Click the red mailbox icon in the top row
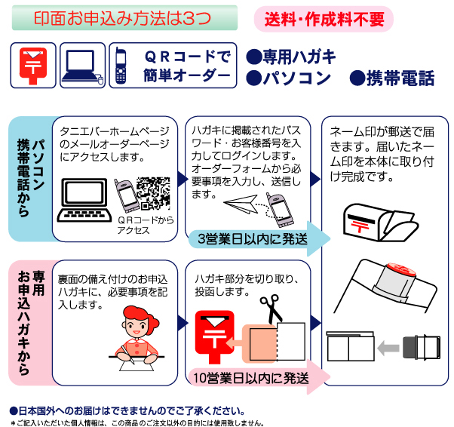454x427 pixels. pyautogui.click(x=33, y=66)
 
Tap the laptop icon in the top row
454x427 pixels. pyautogui.click(x=82, y=66)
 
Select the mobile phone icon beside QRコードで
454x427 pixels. pyautogui.click(x=121, y=66)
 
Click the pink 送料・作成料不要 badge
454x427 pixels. pyautogui.click(x=324, y=19)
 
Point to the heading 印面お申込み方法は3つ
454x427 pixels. pyautogui.click(x=122, y=18)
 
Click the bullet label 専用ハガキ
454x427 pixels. pyautogui.click(x=291, y=57)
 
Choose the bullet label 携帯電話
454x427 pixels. pyautogui.click(x=392, y=78)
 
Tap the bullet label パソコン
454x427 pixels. pyautogui.click(x=288, y=78)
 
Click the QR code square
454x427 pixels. pyautogui.click(x=153, y=193)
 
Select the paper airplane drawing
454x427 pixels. pyautogui.click(x=241, y=204)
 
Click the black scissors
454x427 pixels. pyautogui.click(x=271, y=309)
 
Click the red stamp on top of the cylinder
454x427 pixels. pyautogui.click(x=401, y=269)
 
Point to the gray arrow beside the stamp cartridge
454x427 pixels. pyautogui.click(x=388, y=348)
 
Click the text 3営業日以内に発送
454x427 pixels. pyautogui.click(x=253, y=239)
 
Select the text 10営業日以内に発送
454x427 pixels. pyautogui.click(x=250, y=378)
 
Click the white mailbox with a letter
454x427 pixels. pyautogui.click(x=380, y=223)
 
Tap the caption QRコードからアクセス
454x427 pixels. pyautogui.click(x=146, y=226)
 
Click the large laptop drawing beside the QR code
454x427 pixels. pyautogui.click(x=84, y=200)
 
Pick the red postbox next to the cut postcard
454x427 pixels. pyautogui.click(x=214, y=336)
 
